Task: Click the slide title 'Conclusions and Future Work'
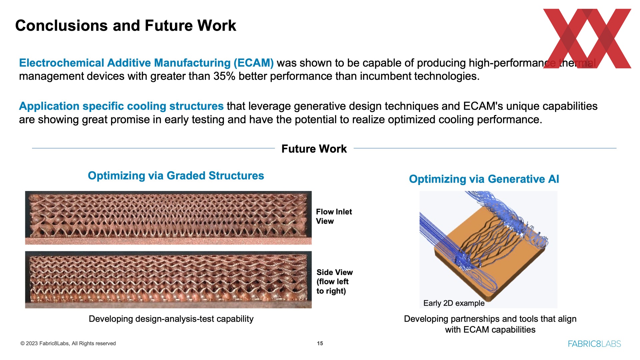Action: coord(126,26)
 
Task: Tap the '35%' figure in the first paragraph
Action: coord(224,76)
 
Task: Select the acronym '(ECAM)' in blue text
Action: coord(254,63)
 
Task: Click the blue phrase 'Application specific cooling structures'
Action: coord(121,106)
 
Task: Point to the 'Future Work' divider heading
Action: coord(314,149)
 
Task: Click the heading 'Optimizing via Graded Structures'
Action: coord(176,176)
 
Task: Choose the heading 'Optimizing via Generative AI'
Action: coord(484,179)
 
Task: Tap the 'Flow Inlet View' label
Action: coord(334,216)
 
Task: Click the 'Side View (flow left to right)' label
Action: coord(334,282)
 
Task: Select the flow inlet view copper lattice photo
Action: coord(168,218)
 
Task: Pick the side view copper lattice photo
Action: coord(168,280)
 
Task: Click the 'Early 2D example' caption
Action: coord(454,303)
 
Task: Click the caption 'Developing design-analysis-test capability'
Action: coord(171,319)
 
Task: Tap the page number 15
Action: coord(320,343)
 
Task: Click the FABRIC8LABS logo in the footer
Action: coord(594,344)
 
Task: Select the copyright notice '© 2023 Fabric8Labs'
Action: coord(45,343)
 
